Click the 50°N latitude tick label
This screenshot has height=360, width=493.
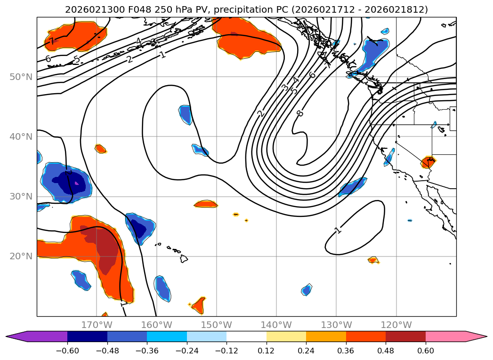(21, 77)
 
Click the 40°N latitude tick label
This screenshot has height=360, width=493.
(21, 137)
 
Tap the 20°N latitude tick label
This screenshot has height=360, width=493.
(21, 256)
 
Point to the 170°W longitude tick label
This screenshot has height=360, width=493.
(97, 325)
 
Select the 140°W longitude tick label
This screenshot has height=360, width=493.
(276, 325)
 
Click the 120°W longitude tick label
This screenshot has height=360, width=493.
(396, 325)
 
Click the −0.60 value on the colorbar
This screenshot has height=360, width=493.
(67, 351)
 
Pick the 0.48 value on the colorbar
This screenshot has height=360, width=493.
(386, 351)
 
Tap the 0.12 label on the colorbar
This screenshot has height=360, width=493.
(267, 351)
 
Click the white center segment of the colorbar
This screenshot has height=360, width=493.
(246, 336)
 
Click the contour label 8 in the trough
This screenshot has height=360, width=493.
(300, 113)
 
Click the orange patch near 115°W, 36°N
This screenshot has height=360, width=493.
(428, 162)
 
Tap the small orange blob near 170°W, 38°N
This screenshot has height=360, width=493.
(100, 149)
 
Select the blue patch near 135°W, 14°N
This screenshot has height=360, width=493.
(307, 290)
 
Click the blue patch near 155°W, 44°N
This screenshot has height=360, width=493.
(186, 114)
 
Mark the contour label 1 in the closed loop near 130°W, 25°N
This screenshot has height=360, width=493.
(338, 230)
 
